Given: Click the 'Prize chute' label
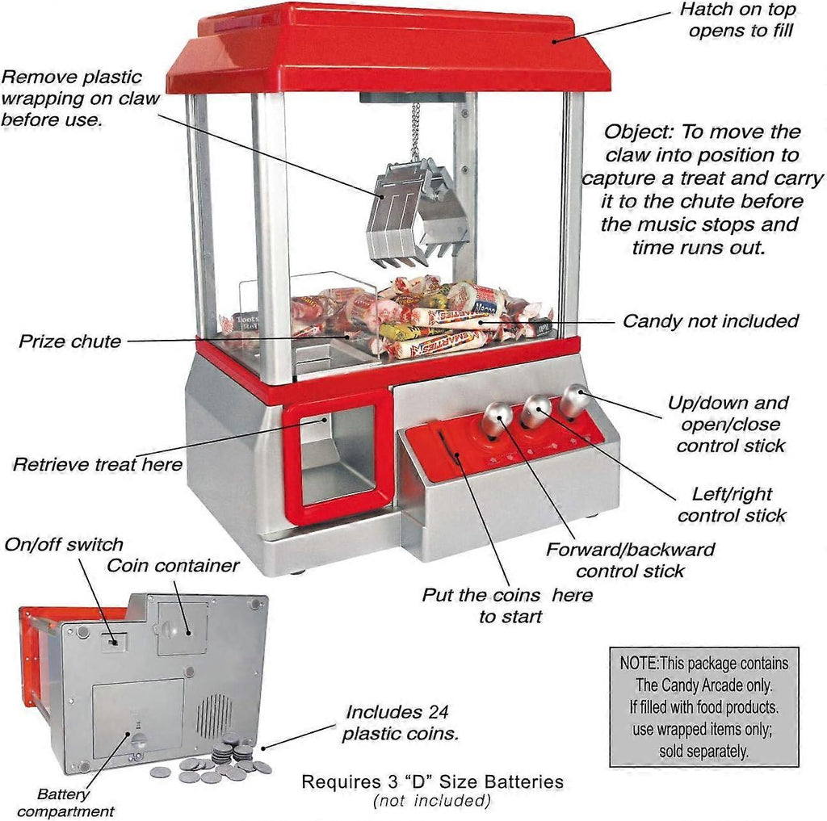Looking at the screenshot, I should pos(69,341).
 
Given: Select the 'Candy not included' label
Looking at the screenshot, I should pos(710,321).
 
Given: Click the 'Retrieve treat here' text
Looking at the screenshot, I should pos(97,464).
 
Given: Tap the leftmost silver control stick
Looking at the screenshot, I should pos(495,418).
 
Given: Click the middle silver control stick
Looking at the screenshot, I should pos(535,410).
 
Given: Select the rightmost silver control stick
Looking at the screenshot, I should pos(575,400).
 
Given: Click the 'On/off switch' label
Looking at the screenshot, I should pos(64,544).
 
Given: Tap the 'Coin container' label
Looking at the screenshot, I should pos(173,565).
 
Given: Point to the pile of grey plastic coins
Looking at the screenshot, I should pos(218,763).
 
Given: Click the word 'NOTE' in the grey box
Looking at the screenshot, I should pos(639,664).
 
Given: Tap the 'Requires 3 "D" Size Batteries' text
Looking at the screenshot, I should pos(432,782).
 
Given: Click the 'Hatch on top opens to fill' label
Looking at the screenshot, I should pos(736,20).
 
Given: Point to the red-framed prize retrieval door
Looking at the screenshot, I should pos(338,458).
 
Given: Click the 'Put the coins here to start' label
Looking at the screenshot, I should pos(506,605).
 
